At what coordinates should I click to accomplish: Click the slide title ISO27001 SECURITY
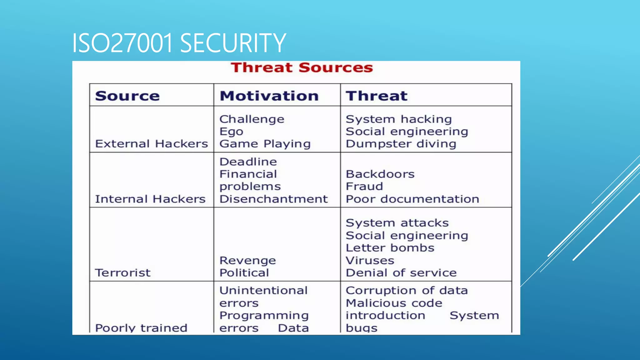pos(179,43)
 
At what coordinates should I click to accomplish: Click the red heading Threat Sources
pos(302,68)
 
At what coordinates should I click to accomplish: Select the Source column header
pos(127,96)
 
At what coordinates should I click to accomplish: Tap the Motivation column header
pos(269,96)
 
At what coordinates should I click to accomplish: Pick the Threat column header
pos(377,96)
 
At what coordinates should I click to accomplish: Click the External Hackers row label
pos(152,144)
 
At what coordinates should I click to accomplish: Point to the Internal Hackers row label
pos(150,199)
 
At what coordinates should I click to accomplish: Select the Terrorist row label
pos(123,273)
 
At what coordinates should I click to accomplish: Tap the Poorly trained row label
pos(141,328)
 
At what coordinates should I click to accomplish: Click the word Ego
pos(231,132)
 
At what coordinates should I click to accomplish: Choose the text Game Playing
pos(265,144)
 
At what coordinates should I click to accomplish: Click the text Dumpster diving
pos(401,144)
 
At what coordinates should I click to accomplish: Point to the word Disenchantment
pos(273,199)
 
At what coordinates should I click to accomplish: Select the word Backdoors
pos(380,174)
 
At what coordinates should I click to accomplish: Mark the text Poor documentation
pos(412,199)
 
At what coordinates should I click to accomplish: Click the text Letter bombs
pos(390,248)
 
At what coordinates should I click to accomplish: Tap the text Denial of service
pos(401,273)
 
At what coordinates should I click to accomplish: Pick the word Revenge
pos(248,261)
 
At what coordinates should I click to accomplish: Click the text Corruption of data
pos(407,291)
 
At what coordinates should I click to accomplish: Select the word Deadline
pos(248,162)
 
